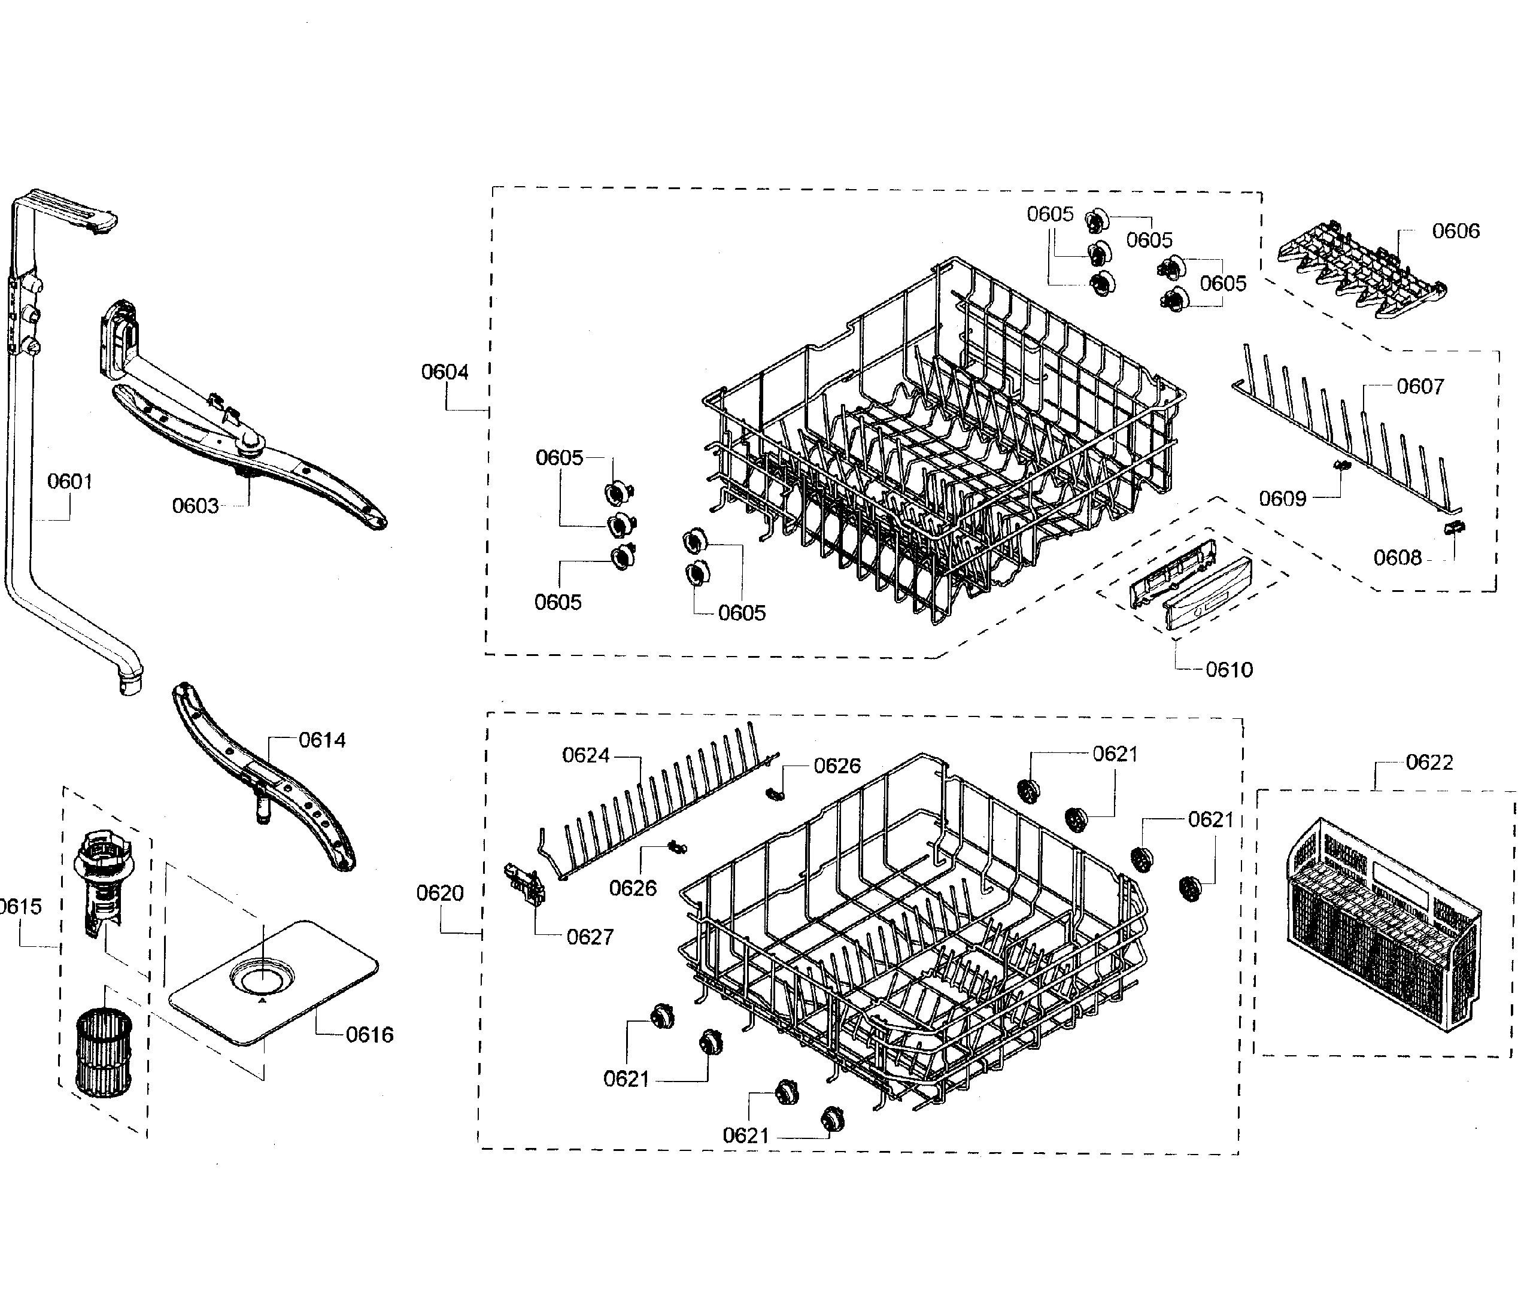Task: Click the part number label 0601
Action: click(x=69, y=481)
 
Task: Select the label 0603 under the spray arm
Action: click(x=195, y=505)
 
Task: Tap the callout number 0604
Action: click(x=444, y=371)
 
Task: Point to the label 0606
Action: click(x=1455, y=230)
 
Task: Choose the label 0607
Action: click(x=1420, y=386)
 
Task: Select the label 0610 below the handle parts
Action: click(x=1229, y=669)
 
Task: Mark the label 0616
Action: click(x=369, y=1034)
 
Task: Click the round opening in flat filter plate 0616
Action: click(x=261, y=976)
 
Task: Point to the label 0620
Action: click(x=439, y=893)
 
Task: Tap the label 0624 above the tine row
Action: click(x=585, y=755)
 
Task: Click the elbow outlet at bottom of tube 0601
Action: click(x=130, y=682)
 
